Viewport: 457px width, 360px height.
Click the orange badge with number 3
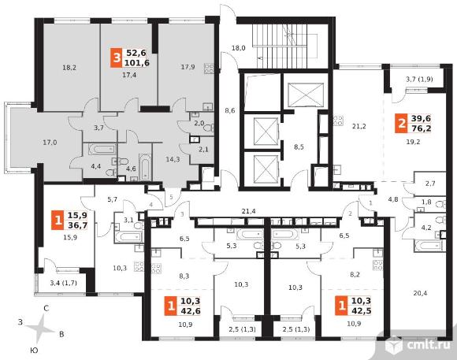(117, 58)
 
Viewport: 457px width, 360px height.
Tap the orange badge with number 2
(401, 124)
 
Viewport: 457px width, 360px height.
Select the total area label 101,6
(136, 63)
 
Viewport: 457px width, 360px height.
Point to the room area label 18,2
(69, 68)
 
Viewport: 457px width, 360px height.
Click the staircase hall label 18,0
(239, 48)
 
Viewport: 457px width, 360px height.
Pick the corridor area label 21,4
(249, 211)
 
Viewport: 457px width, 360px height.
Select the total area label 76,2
(422, 128)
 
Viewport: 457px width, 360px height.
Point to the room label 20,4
(420, 293)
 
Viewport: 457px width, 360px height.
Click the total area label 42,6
(191, 310)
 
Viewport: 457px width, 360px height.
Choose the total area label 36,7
(77, 225)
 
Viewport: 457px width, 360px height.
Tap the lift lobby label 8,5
(299, 147)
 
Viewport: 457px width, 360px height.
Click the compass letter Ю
(34, 351)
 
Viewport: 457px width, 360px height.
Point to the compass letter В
(61, 334)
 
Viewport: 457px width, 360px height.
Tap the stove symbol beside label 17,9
(209, 69)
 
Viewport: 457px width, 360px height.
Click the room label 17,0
(50, 143)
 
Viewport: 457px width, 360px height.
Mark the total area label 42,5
(362, 310)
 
